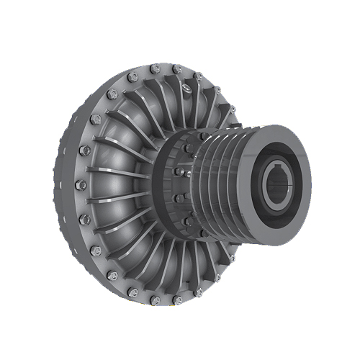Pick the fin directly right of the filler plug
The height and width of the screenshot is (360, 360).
198,97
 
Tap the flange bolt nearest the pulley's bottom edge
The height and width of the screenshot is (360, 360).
232,257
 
